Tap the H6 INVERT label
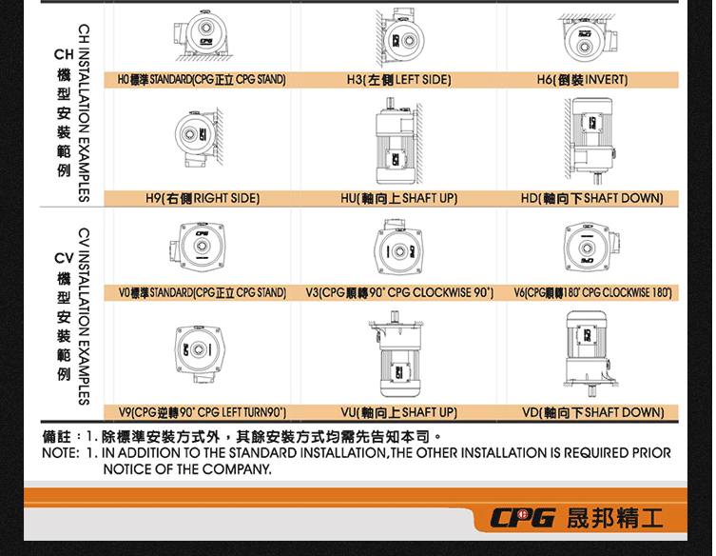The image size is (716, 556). click(582, 80)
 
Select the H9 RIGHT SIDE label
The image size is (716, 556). click(202, 198)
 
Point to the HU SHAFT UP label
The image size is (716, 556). click(398, 198)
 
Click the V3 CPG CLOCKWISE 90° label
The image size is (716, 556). click(399, 292)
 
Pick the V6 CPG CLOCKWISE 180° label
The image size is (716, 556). click(593, 292)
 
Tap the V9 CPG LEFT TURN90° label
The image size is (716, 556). click(202, 412)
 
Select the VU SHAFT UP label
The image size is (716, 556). click(398, 412)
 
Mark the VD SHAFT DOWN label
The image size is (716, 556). click(592, 412)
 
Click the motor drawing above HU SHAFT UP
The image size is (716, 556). click(397, 143)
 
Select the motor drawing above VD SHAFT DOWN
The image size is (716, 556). click(590, 352)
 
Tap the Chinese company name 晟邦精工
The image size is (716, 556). click(614, 519)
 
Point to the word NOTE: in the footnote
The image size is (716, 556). click(59, 453)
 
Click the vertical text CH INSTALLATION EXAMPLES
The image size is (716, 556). click(84, 112)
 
